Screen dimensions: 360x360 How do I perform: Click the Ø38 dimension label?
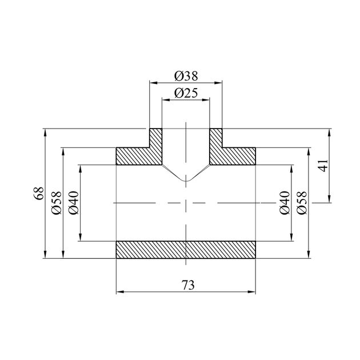186,76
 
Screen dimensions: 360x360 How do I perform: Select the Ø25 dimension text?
186,93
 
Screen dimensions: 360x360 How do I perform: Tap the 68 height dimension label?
39,193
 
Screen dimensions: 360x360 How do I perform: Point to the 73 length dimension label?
188,285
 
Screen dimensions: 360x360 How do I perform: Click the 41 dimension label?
324,165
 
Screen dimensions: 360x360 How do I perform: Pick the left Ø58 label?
57,203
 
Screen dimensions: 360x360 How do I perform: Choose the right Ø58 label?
302,203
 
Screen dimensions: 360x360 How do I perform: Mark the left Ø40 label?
74,203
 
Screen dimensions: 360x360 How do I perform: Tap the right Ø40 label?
285,203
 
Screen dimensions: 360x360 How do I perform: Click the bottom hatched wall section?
186,250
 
